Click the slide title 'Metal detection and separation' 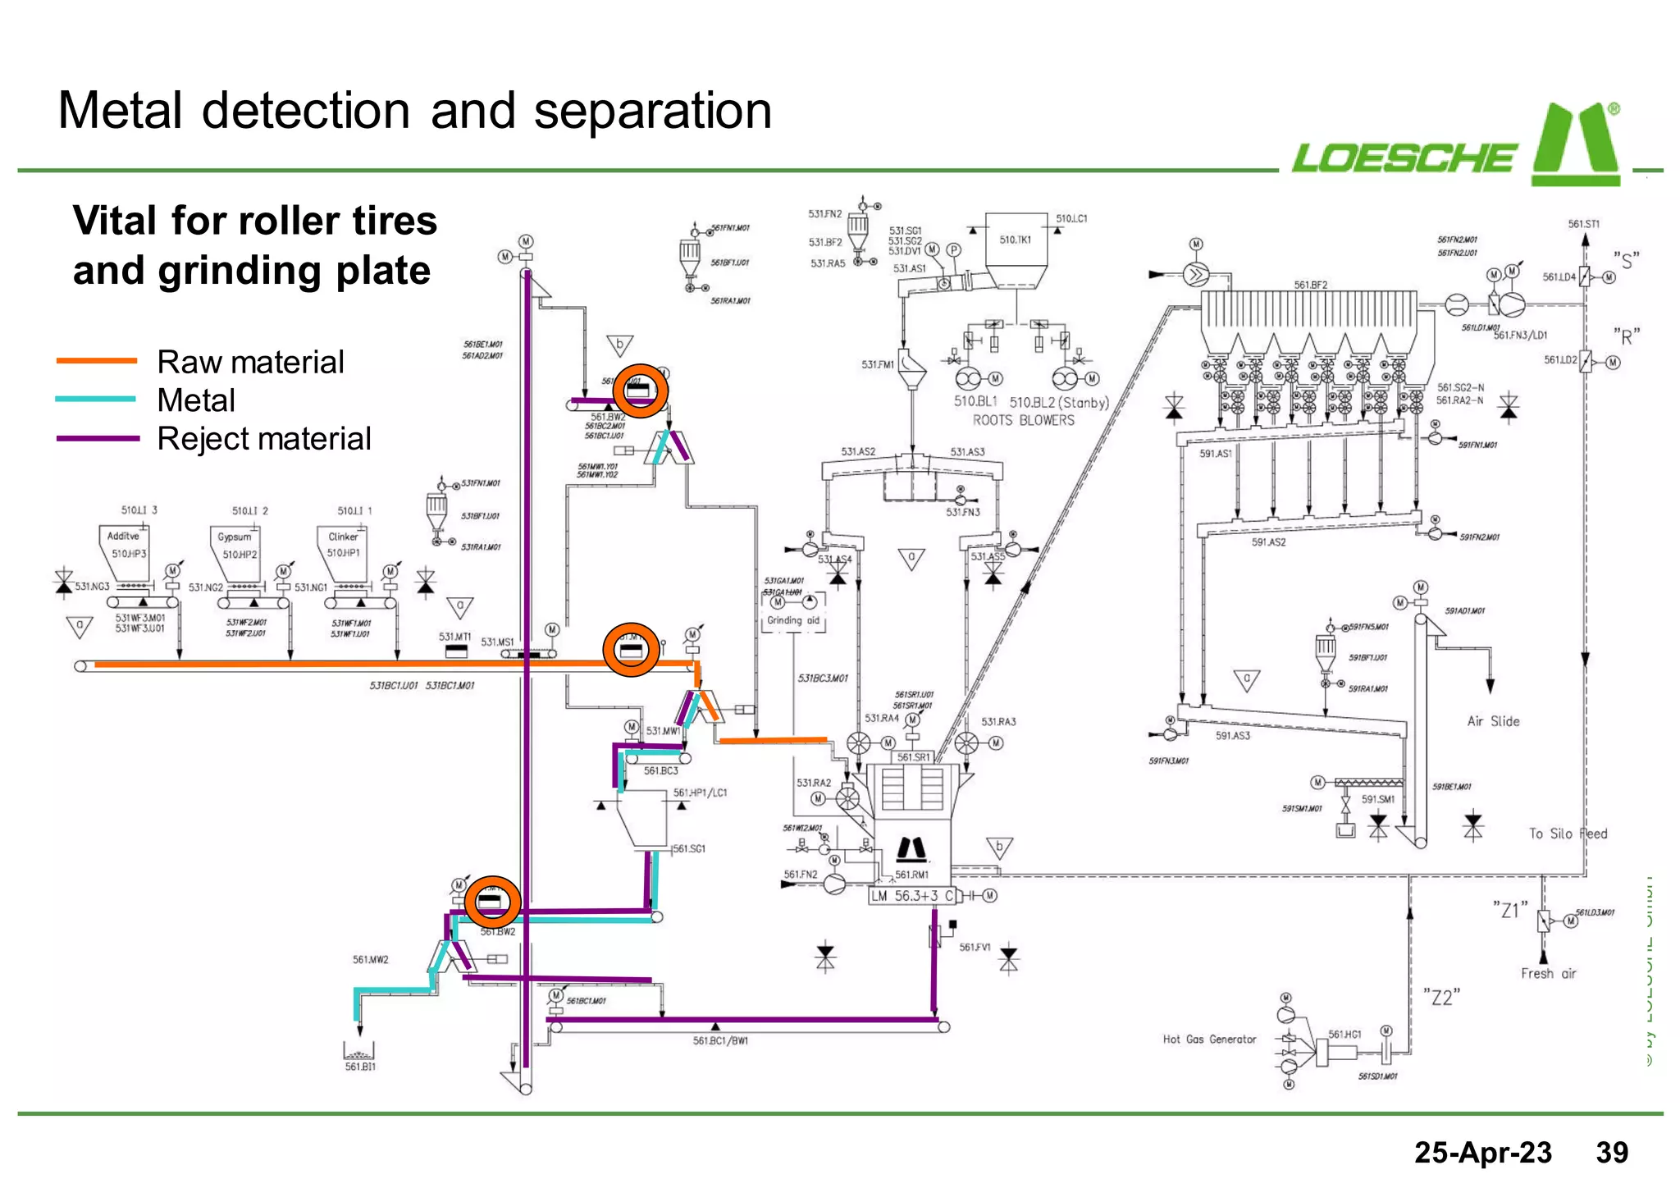pyautogui.click(x=414, y=111)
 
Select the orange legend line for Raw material pyautogui.click(x=96, y=361)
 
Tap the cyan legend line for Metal pyautogui.click(x=96, y=400)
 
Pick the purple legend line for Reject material pyautogui.click(x=96, y=438)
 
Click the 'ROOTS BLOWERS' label pyautogui.click(x=1023, y=420)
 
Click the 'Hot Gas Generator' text pyautogui.click(x=1209, y=1039)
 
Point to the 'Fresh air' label pyautogui.click(x=1548, y=974)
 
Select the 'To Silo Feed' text pyautogui.click(x=1568, y=834)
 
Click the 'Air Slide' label pyautogui.click(x=1493, y=721)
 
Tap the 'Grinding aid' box pyautogui.click(x=793, y=620)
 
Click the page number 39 pyautogui.click(x=1611, y=1153)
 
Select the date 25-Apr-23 pyautogui.click(x=1482, y=1153)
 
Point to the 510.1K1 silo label pyautogui.click(x=1016, y=240)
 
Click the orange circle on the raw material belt pyautogui.click(x=631, y=650)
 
